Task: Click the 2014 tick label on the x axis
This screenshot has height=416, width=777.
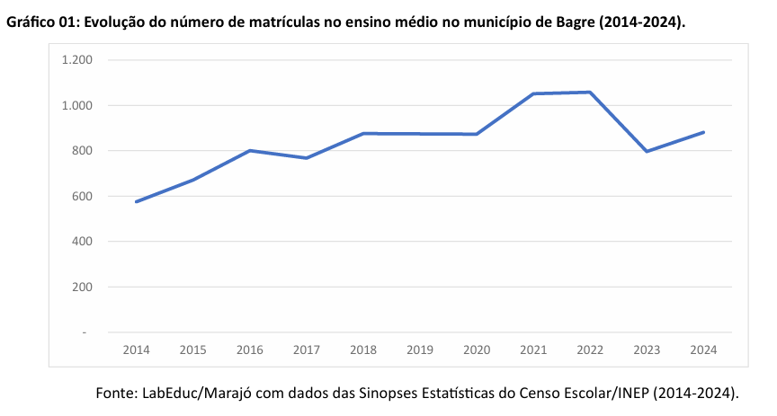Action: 136,350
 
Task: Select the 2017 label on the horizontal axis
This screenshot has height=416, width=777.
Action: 307,350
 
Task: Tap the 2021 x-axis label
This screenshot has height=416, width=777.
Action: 533,350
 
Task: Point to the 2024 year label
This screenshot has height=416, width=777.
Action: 703,350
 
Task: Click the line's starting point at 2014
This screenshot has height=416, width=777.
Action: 136,201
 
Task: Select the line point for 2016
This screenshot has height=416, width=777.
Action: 250,150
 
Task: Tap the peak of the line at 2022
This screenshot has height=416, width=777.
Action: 590,92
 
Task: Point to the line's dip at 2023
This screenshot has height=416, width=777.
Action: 647,151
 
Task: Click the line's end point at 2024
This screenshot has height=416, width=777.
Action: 703,132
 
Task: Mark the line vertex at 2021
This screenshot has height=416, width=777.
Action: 533,93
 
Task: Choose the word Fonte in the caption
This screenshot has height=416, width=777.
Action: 116,393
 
